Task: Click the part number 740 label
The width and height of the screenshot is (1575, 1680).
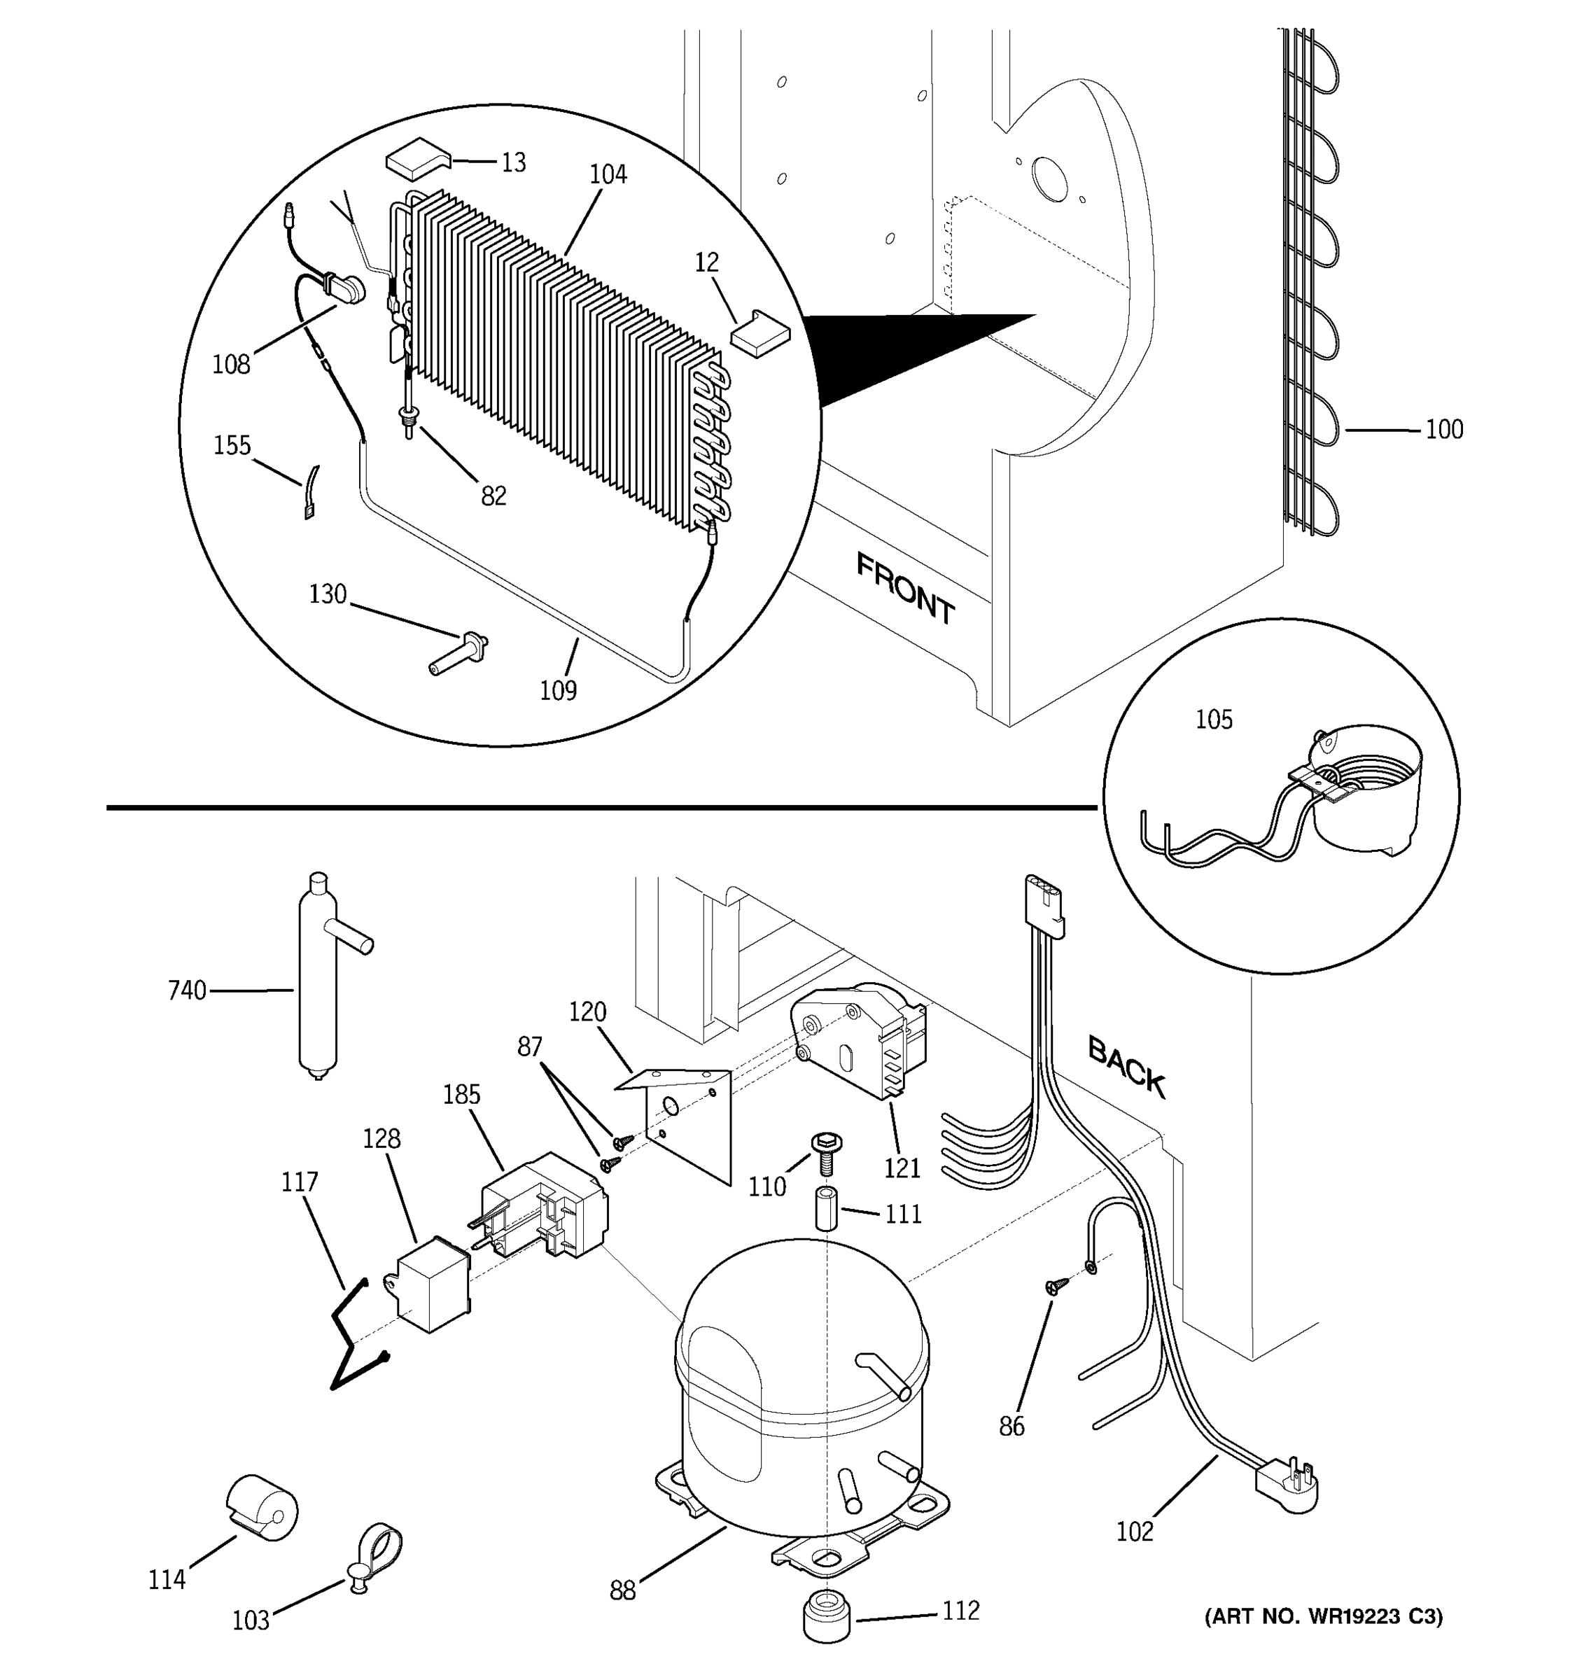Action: (187, 990)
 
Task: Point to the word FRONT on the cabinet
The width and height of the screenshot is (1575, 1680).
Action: (905, 588)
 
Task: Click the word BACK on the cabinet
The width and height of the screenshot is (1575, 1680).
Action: (1126, 1067)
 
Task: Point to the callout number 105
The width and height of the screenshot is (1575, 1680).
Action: (1213, 720)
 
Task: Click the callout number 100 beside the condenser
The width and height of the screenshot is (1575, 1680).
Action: (1444, 430)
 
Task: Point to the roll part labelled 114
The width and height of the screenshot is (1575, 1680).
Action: (262, 1512)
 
